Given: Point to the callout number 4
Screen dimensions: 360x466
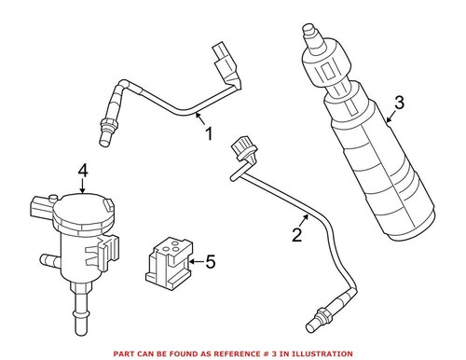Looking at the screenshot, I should point(83,171).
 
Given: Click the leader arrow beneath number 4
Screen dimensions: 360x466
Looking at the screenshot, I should point(83,187).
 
